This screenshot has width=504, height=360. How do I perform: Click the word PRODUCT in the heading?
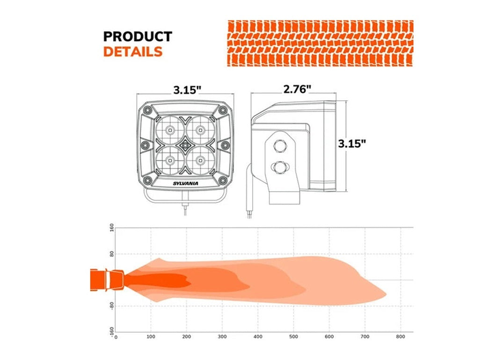(138, 36)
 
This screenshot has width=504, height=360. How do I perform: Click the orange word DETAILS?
(133, 52)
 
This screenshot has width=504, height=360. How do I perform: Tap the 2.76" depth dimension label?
(297, 89)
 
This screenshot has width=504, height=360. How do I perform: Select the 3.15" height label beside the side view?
(352, 143)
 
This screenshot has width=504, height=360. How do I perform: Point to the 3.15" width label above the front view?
(187, 90)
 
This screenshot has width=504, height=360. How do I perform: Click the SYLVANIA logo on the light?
(185, 184)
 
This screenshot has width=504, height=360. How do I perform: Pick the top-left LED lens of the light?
(170, 130)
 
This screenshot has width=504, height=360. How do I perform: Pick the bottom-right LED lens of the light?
(201, 160)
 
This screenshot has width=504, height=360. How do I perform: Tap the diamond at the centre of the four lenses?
(185, 145)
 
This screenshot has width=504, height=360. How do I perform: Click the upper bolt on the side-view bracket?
(279, 145)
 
